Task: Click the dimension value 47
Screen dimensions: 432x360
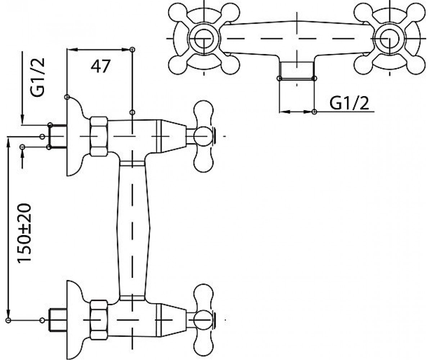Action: [100, 66]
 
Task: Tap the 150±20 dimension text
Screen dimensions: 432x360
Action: [24, 234]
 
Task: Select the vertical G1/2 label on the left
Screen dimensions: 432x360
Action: [38, 77]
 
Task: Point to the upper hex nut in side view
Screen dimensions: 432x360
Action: [99, 136]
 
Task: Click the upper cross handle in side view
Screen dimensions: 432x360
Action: [204, 136]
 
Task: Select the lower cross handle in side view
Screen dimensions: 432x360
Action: [204, 320]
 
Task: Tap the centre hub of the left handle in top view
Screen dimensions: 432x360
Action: [204, 39]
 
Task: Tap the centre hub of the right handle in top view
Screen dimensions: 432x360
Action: [390, 39]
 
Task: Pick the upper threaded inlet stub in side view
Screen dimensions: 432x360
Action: [58, 136]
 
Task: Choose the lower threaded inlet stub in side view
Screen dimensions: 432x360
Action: [58, 320]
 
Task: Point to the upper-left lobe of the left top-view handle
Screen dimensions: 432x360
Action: [176, 12]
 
